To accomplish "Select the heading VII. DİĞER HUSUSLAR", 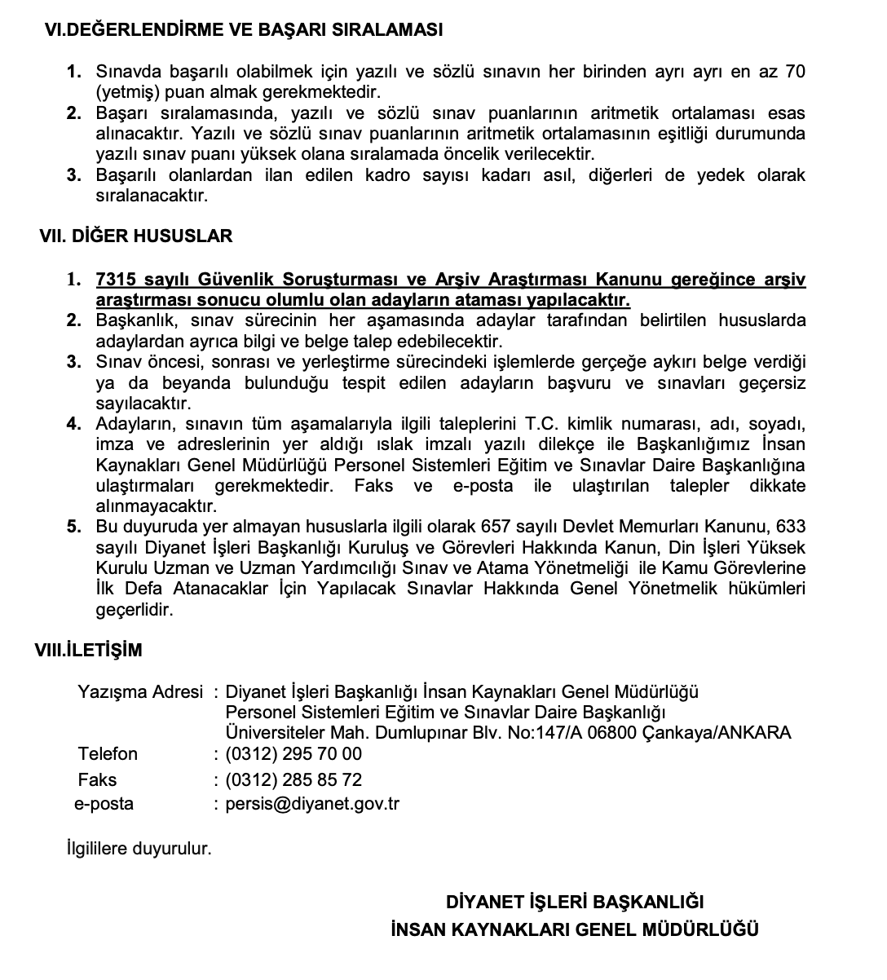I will pyautogui.click(x=135, y=236).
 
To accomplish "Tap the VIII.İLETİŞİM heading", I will pyautogui.click(x=88, y=650).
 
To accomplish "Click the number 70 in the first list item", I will pyautogui.click(x=793, y=72).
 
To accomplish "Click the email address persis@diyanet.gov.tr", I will pyautogui.click(x=312, y=804).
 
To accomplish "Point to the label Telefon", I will pyautogui.click(x=108, y=753).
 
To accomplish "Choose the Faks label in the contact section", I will pyautogui.click(x=97, y=779).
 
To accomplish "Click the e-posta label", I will pyautogui.click(x=104, y=804).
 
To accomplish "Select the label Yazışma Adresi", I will pyautogui.click(x=139, y=692).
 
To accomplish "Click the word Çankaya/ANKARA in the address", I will pyautogui.click(x=717, y=732).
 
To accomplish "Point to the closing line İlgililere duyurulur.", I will pyautogui.click(x=139, y=848).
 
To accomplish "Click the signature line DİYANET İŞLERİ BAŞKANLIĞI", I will pyautogui.click(x=575, y=902).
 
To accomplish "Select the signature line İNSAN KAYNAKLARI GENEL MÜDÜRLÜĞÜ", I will pyautogui.click(x=575, y=929).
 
